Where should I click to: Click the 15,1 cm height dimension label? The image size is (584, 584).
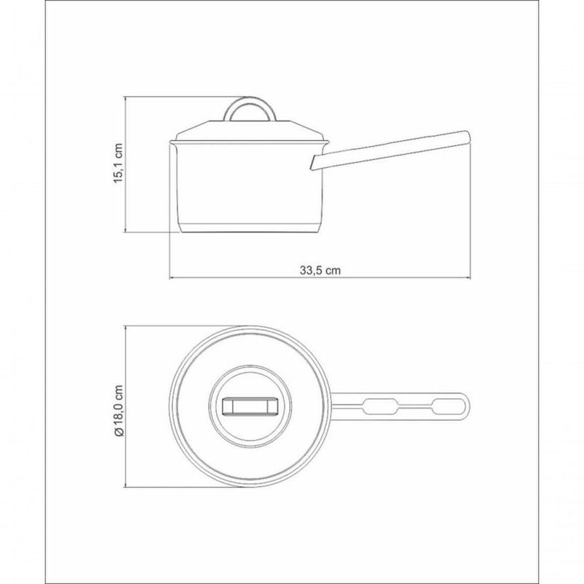(118, 163)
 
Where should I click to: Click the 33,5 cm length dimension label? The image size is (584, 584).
(320, 270)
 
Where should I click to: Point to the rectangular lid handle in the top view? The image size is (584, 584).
(250, 407)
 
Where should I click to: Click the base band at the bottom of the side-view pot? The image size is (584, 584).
(250, 228)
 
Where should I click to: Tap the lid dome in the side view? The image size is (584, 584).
(250, 131)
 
